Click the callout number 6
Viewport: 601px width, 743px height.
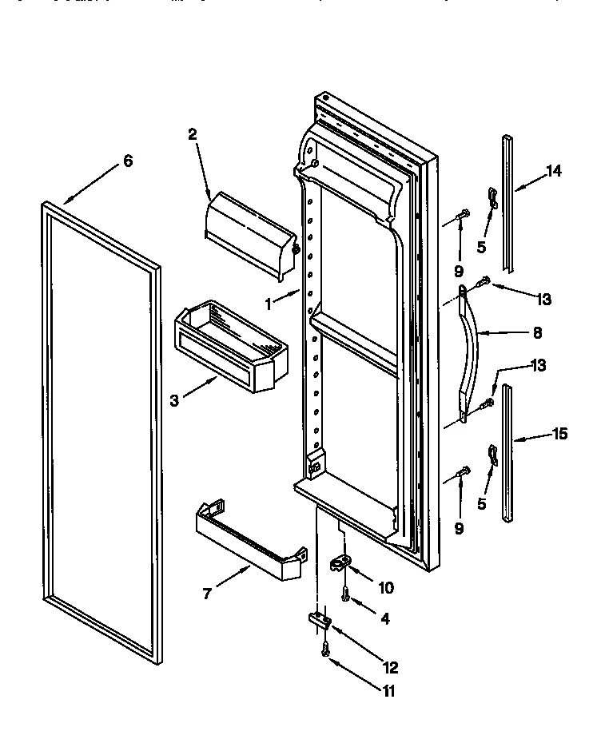pos(127,161)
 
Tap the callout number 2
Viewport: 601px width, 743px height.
pos(193,135)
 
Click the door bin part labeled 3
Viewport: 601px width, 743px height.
pos(232,343)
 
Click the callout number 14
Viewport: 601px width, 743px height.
pos(554,170)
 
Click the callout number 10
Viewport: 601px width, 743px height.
pos(385,588)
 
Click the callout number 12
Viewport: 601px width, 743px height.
pos(391,668)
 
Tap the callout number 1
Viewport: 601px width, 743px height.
pos(270,304)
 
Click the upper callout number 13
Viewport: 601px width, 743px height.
pos(543,299)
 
